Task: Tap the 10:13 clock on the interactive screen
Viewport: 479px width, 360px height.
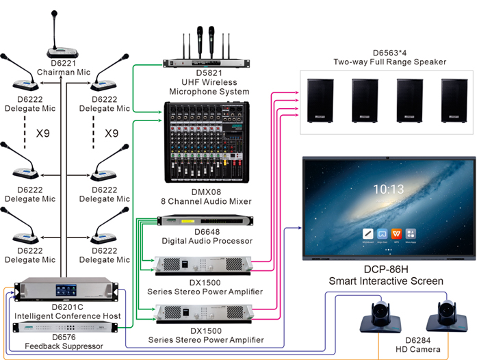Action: (x=387, y=190)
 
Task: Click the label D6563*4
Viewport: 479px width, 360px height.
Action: (x=389, y=53)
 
